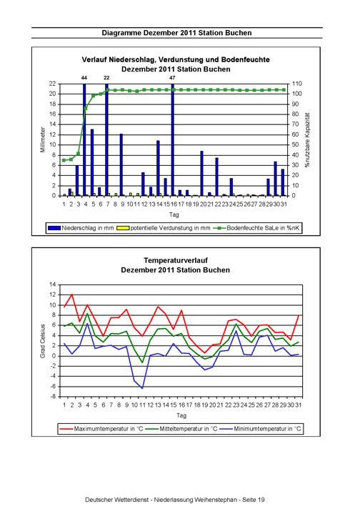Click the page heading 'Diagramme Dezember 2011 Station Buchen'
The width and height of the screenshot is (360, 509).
(176, 33)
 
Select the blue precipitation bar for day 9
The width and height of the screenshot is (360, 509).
(121, 164)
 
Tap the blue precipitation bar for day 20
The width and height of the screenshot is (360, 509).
(201, 173)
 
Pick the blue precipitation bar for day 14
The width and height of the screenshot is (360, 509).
(158, 168)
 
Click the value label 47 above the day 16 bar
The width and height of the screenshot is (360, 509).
(173, 78)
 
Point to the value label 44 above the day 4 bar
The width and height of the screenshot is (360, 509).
(84, 78)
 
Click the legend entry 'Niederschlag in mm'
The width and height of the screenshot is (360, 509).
(81, 228)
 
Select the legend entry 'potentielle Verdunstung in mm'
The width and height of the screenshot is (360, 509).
(164, 228)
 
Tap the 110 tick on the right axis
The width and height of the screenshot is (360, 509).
(297, 84)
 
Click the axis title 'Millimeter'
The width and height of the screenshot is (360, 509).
(43, 139)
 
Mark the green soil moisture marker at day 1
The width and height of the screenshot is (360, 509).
(64, 160)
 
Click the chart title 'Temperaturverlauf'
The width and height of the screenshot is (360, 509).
(176, 260)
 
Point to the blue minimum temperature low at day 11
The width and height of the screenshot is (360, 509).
(142, 388)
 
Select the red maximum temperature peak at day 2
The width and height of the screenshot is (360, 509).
(71, 295)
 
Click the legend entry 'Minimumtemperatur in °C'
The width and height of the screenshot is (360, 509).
(260, 429)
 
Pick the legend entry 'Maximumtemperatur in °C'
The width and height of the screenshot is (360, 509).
(101, 429)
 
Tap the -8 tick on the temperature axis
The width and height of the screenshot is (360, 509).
(53, 397)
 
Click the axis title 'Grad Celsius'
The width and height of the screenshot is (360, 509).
(43, 341)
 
